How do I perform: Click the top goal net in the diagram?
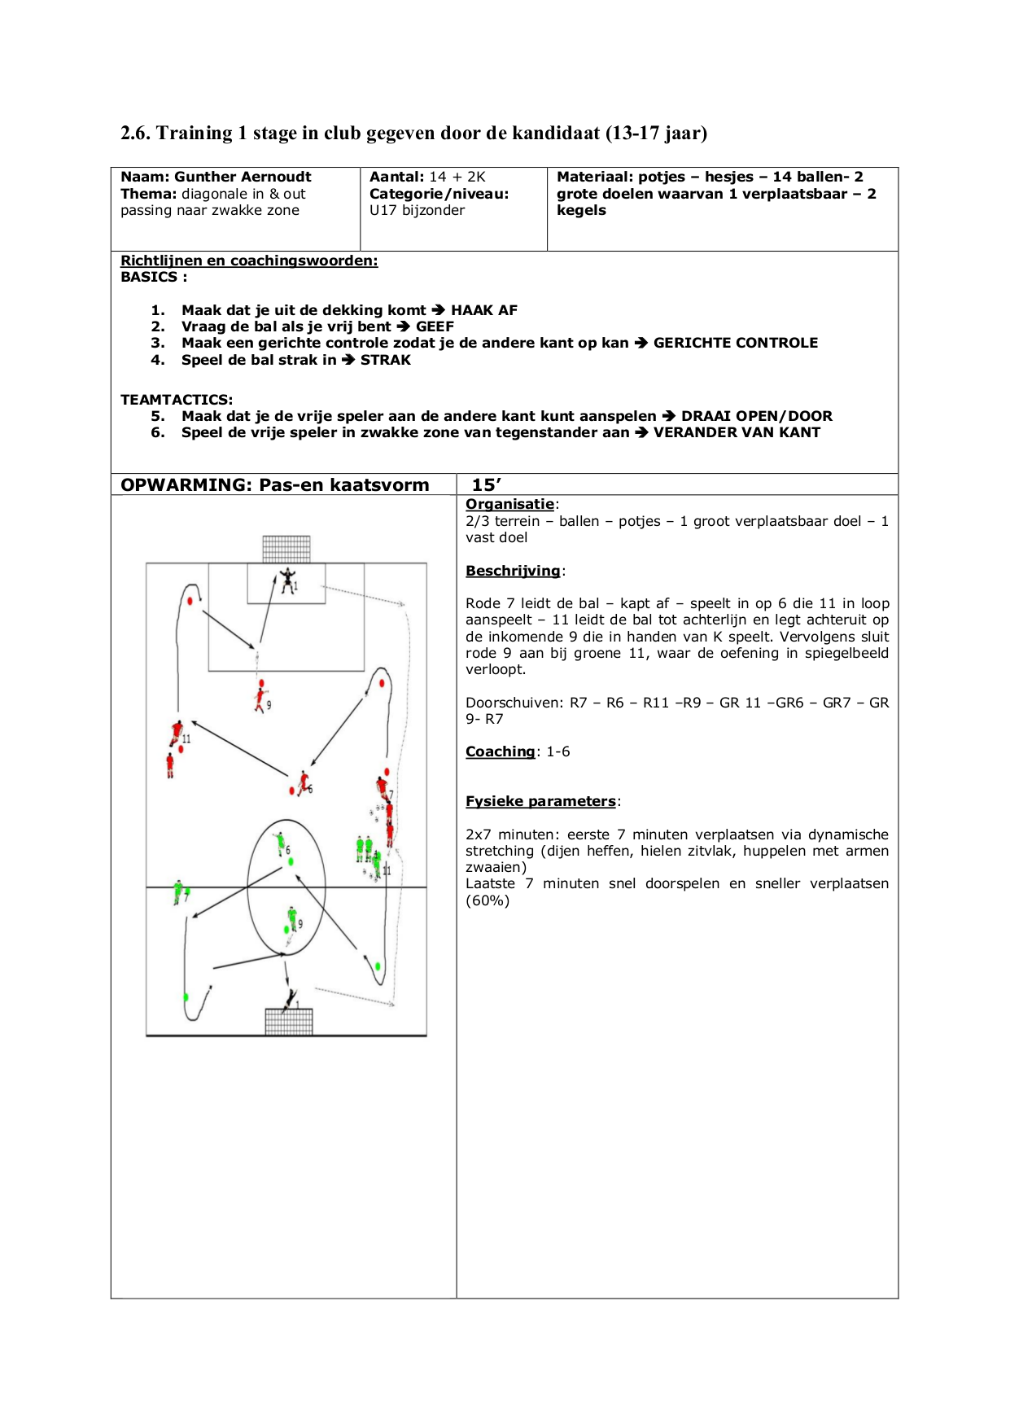(x=286, y=549)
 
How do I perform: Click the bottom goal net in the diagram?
(x=289, y=1021)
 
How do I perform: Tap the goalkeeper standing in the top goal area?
(x=287, y=580)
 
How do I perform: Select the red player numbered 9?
(x=261, y=699)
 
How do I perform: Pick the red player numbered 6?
(x=304, y=783)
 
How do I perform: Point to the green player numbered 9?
(x=292, y=920)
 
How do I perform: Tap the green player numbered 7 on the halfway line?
(x=178, y=891)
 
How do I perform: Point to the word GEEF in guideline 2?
(x=435, y=326)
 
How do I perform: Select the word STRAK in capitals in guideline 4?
(x=386, y=360)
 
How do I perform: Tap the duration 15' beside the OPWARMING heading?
(x=486, y=485)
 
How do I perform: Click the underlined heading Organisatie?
(x=509, y=504)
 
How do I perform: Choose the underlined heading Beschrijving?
(x=513, y=571)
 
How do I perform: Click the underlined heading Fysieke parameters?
(x=540, y=801)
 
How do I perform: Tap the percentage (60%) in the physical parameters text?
(x=488, y=900)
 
